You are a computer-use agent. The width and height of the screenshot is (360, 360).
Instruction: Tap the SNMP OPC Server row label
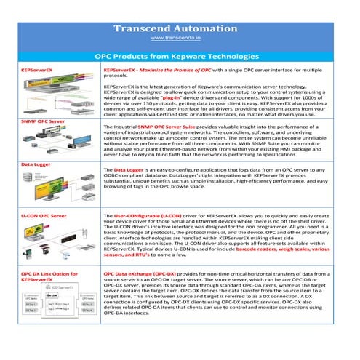(43, 121)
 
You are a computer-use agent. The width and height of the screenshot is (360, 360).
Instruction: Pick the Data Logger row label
(35, 164)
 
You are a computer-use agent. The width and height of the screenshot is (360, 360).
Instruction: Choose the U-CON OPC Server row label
(44, 216)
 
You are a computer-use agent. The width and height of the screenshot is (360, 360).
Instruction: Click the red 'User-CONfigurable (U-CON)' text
(152, 217)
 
